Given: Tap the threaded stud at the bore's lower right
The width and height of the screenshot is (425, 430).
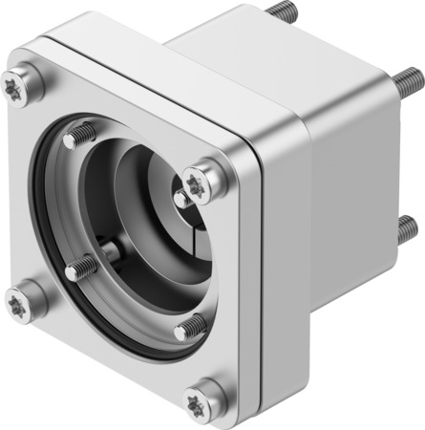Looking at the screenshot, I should (x=189, y=328).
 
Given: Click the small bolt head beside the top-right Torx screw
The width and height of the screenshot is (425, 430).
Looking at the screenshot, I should (x=181, y=198).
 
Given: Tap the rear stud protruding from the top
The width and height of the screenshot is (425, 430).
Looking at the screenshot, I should (x=281, y=12).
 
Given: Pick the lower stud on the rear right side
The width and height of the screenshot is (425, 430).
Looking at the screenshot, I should (x=406, y=227).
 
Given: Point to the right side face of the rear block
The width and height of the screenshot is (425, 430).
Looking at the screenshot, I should (x=353, y=191).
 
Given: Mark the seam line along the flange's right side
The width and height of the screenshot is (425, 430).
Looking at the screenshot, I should (x=257, y=287).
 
